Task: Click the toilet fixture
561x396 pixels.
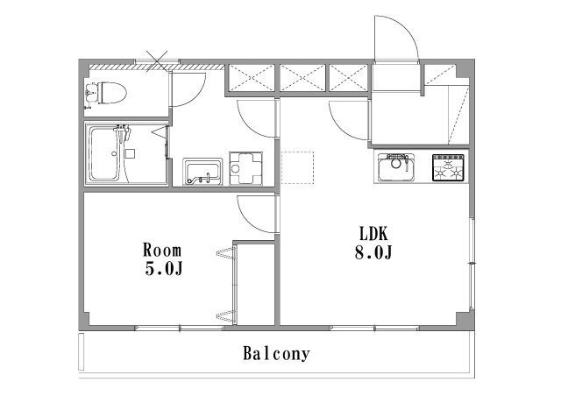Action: click(x=106, y=94)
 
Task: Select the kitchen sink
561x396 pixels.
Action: click(x=396, y=167)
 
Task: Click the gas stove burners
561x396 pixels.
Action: click(x=448, y=167)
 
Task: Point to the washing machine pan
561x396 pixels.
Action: click(x=245, y=168)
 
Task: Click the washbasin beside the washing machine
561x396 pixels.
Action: click(x=202, y=172)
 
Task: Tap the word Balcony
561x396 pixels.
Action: click(x=276, y=354)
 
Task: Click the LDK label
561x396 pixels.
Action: click(x=373, y=234)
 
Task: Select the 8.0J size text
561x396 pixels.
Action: click(x=373, y=253)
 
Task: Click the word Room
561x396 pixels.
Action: click(x=162, y=250)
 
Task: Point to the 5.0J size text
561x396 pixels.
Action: click(x=164, y=268)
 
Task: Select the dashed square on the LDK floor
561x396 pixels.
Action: click(x=297, y=167)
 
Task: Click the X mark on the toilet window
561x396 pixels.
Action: click(x=157, y=61)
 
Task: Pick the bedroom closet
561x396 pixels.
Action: click(x=253, y=285)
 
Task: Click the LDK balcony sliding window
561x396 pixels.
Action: click(x=374, y=328)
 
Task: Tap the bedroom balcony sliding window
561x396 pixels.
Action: click(x=180, y=328)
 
